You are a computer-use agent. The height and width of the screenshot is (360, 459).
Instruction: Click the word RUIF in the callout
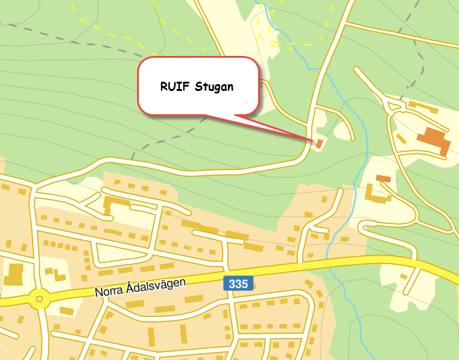175,87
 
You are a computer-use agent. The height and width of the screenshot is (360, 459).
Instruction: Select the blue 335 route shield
238,283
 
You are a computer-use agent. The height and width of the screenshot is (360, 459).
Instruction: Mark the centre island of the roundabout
39,300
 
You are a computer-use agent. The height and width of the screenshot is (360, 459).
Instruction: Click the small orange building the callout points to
320,144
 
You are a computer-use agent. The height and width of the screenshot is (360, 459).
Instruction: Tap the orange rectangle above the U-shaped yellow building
383,178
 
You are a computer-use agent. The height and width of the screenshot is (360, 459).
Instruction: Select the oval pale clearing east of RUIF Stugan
342,129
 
